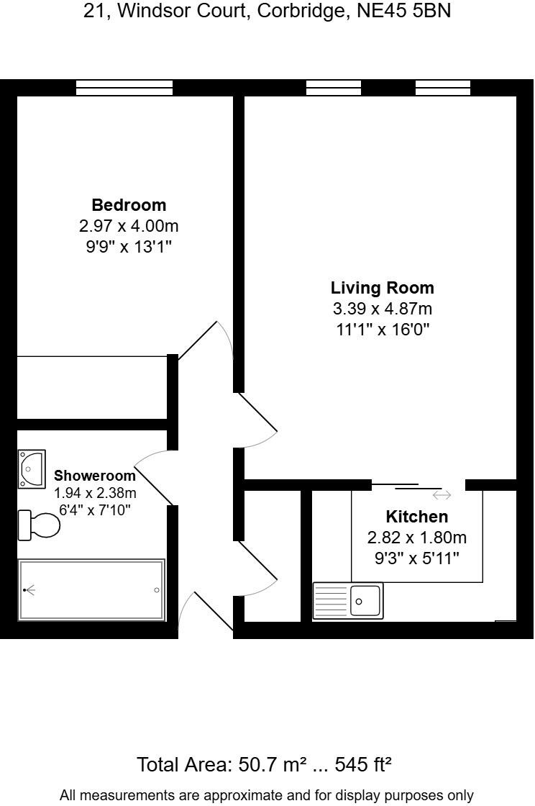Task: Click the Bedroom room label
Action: point(129,205)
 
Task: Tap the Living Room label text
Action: point(382,289)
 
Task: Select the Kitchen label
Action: point(416,517)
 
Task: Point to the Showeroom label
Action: point(95,476)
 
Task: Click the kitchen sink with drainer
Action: point(348,601)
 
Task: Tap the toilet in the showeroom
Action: point(39,525)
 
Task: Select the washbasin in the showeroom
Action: point(32,468)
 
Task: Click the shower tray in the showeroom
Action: point(91,590)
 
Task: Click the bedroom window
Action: point(124,88)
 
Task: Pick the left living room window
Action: point(334,88)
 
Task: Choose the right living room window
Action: point(443,88)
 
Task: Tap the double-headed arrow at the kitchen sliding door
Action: point(442,495)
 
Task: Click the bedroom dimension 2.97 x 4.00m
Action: point(129,227)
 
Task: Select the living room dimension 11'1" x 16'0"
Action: point(382,330)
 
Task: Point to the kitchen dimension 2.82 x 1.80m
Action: point(416,538)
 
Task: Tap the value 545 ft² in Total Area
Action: point(359,764)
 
